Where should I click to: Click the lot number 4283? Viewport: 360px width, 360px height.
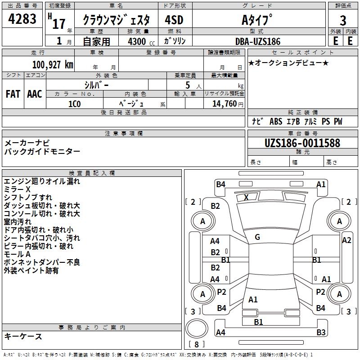pos(22,20)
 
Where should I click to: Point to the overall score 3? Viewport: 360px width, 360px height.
pos(343,21)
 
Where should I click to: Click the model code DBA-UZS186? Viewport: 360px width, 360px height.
pos(258,41)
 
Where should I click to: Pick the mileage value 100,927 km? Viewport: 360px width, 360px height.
pos(53,64)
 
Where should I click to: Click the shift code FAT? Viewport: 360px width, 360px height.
pos(13,94)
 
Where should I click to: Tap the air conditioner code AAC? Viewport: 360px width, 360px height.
pos(35,94)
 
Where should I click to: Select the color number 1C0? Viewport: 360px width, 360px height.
pos(74,103)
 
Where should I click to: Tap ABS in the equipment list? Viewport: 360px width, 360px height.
pos(276,121)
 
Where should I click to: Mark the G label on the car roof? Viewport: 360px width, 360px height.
pos(257,237)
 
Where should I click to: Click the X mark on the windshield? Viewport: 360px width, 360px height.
pos(246,197)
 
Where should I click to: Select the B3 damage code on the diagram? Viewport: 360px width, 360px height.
pos(321,333)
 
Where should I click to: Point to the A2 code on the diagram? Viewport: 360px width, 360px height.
pos(346,240)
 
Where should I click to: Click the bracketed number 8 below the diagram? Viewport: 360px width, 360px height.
pos(197,344)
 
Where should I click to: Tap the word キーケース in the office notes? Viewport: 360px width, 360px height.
pos(23,337)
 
